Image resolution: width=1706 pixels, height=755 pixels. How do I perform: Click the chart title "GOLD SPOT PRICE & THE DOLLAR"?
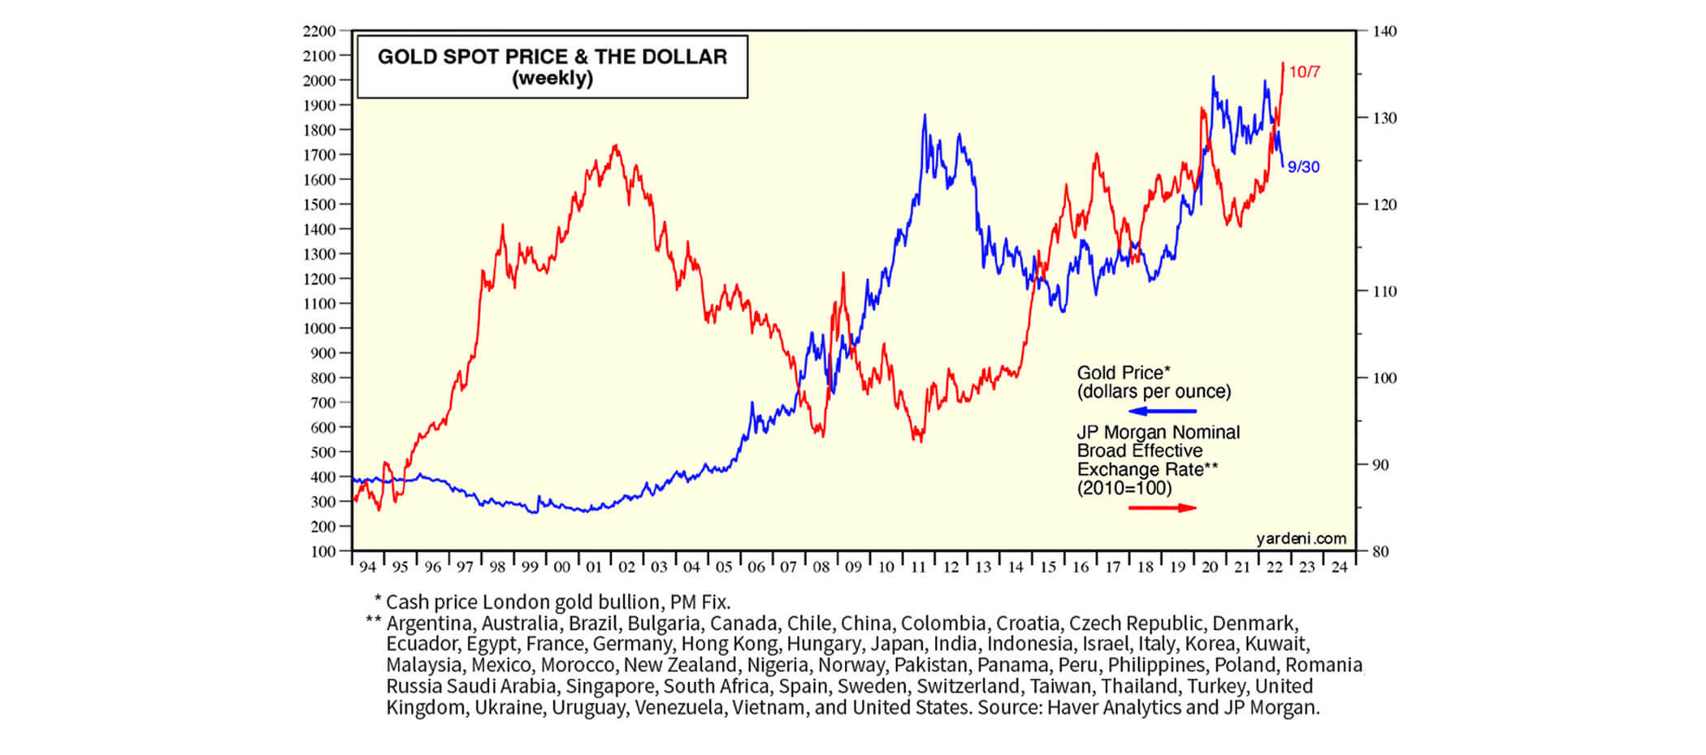(552, 57)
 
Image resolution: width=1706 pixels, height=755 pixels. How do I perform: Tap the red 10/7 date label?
(1305, 72)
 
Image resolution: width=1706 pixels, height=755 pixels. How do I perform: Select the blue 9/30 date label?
(1304, 167)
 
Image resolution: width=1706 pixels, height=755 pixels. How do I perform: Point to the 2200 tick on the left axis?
(319, 32)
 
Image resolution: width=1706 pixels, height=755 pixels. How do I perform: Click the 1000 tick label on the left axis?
(319, 329)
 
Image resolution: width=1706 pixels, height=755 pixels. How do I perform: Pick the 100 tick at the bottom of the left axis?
(323, 552)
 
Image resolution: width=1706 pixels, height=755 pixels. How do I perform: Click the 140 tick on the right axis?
(1384, 32)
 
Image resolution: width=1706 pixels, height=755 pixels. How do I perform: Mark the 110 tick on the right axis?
(1384, 291)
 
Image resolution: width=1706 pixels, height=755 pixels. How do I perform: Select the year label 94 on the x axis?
(367, 567)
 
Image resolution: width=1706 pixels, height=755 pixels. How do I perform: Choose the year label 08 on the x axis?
(821, 567)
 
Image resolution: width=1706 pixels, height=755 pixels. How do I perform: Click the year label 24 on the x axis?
(1339, 567)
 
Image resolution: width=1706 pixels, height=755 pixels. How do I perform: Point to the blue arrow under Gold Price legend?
(1163, 412)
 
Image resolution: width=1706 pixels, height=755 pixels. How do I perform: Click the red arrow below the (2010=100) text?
(1163, 508)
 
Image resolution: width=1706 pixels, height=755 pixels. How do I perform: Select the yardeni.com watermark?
(1301, 539)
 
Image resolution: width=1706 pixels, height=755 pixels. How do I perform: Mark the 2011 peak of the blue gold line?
(924, 115)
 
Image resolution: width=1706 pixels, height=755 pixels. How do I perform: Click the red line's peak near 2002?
(615, 146)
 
